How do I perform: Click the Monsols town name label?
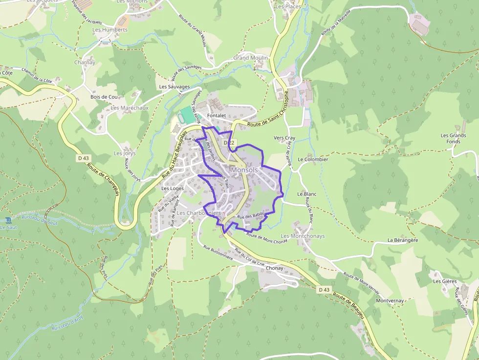pos(244,169)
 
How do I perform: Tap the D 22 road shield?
pos(229,143)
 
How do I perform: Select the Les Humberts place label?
pos(110,30)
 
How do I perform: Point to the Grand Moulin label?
pos(250,58)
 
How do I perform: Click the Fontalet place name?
pos(216,115)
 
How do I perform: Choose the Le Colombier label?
pos(313,159)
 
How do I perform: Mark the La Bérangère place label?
pos(403,240)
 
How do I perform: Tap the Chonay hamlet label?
pos(275,268)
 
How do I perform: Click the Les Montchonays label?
pos(303,236)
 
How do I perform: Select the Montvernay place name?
pos(390,300)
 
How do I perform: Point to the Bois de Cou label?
pos(104,97)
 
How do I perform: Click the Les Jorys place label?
pos(125,153)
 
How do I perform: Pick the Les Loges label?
pos(173,188)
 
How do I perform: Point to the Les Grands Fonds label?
pos(453,138)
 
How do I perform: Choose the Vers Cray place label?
pos(284,138)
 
